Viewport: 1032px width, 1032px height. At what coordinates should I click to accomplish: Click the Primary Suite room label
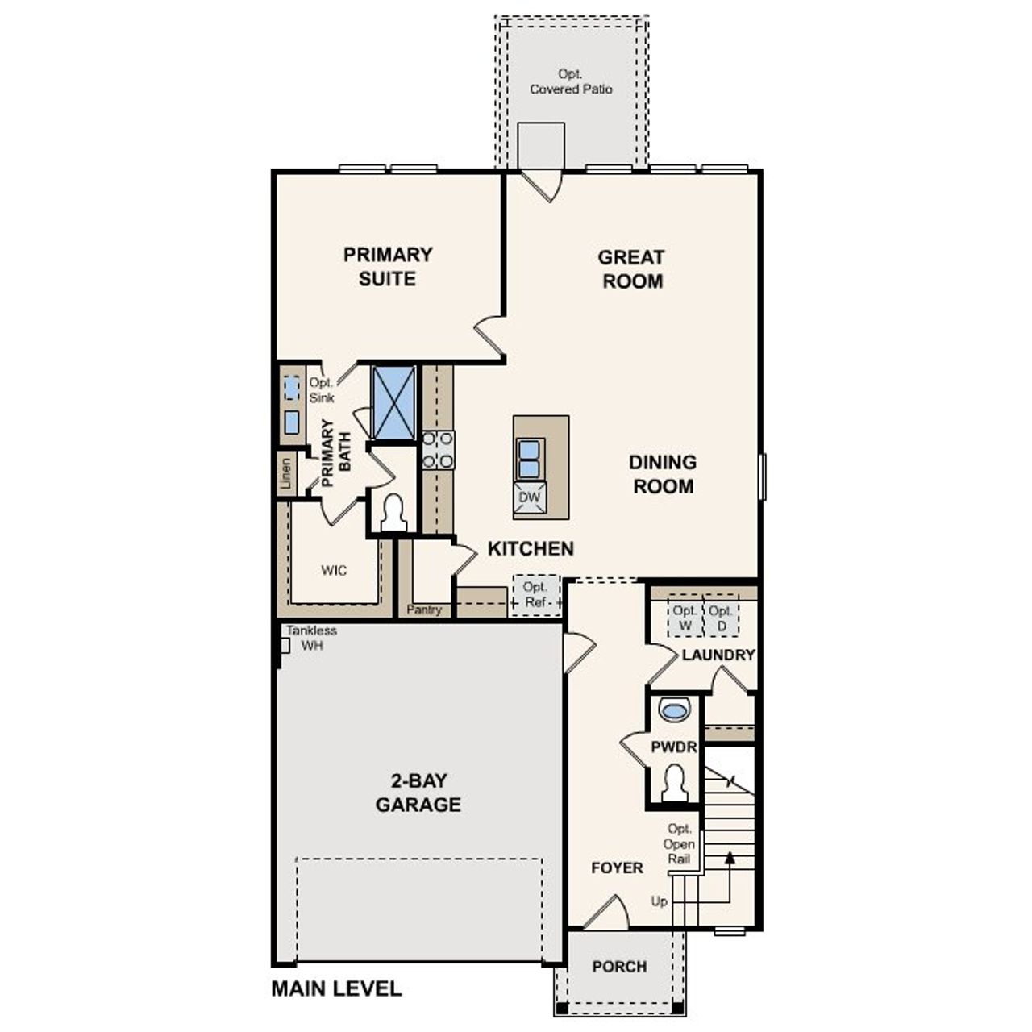pos(388,267)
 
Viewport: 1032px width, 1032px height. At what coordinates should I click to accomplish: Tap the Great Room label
pos(632,269)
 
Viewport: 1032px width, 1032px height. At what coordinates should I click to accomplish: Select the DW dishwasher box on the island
pos(530,497)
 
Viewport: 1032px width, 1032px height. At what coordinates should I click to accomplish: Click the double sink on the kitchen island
pos(530,459)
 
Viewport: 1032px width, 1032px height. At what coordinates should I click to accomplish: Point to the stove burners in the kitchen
pos(438,450)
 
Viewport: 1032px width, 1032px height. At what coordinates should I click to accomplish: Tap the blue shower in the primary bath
pos(393,402)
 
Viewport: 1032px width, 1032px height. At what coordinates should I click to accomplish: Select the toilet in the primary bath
pos(393,513)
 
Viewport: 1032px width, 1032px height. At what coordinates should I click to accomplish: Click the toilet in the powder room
pos(674,782)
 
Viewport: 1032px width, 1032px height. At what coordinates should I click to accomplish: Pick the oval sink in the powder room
pos(674,709)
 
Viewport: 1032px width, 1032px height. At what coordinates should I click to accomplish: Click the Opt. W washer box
pos(685,618)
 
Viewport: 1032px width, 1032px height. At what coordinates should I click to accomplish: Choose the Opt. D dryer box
pos(722,618)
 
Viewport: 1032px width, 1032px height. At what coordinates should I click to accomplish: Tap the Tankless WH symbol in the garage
pos(285,645)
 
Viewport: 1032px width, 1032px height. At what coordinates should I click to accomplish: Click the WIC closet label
pos(334,571)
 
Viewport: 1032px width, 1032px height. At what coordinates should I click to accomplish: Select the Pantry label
pos(424,610)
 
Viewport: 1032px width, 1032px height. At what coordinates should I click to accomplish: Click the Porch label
pos(619,966)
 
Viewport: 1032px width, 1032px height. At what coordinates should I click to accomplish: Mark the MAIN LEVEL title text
pos(336,988)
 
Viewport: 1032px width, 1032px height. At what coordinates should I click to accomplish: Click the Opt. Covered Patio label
pos(571,81)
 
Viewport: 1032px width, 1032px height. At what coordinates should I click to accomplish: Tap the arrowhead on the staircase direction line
pos(730,858)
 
